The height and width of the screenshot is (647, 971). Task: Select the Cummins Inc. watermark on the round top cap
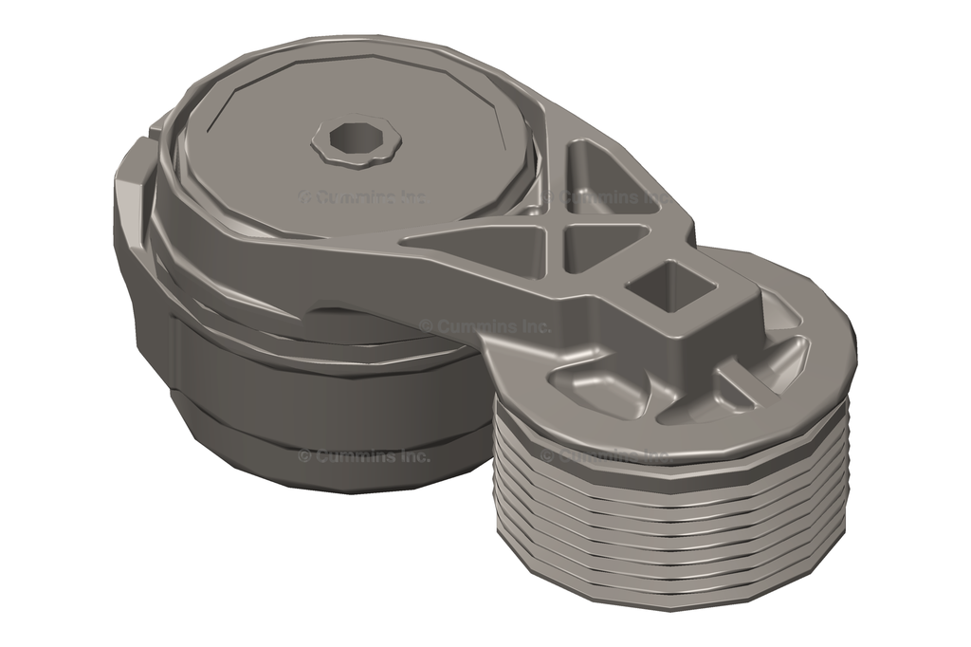361,197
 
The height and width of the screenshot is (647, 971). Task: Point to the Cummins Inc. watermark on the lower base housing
364,455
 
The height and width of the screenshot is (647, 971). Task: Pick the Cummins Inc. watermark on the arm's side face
485,325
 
